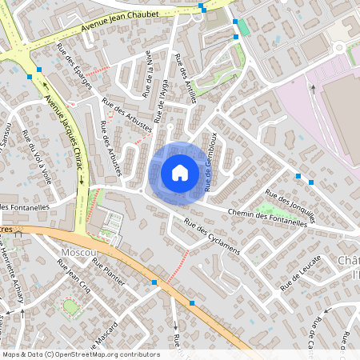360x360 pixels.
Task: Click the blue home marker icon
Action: click(180, 172)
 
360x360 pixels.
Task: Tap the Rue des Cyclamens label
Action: click(211, 237)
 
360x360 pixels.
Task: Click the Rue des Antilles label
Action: click(185, 76)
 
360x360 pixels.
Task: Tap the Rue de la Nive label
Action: click(149, 74)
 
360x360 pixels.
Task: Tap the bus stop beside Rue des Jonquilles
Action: click(298, 176)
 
